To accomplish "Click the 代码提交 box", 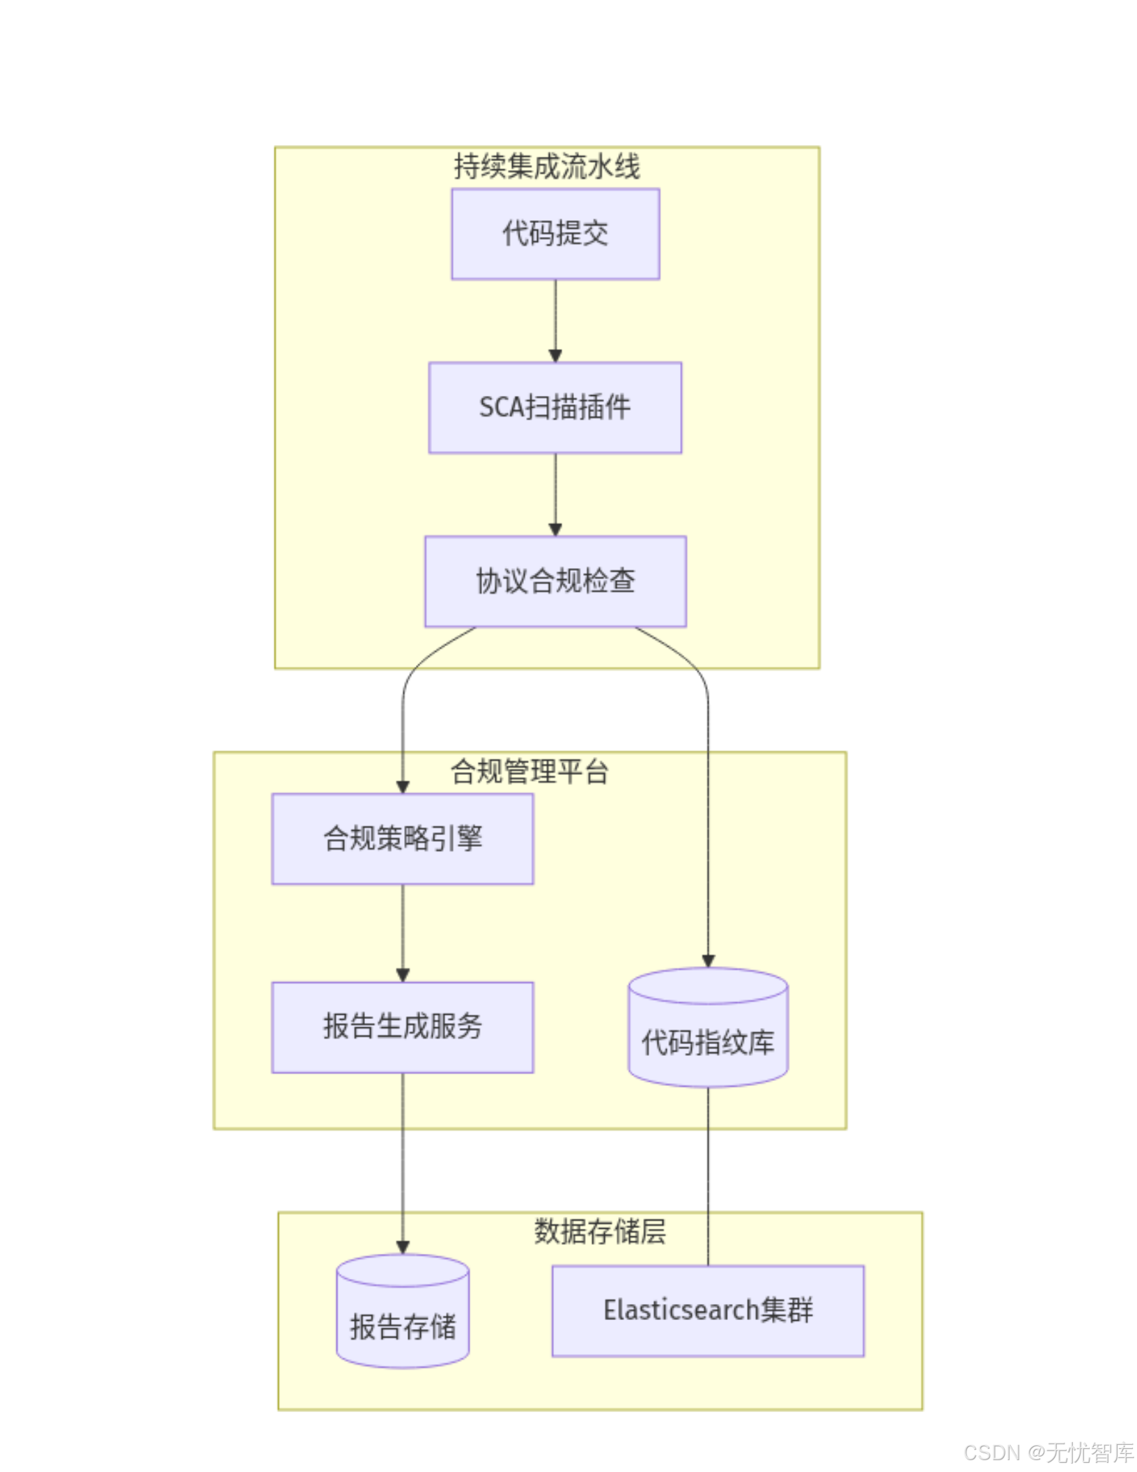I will coord(555,233).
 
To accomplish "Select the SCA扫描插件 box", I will coord(555,407).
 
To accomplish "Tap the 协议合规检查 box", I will coord(555,581).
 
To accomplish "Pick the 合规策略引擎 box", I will coord(402,838).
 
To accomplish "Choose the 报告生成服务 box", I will coord(402,1026).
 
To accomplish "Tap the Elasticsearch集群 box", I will coord(707,1310).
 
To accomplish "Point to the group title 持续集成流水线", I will coord(546,167).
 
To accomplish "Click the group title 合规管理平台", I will coord(529,772).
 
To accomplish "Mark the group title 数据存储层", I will coord(599,1232).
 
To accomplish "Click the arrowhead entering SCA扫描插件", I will coord(555,356).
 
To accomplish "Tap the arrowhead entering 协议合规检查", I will coord(555,530).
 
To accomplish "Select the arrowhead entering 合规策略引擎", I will coord(402,787).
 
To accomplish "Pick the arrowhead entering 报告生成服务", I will coord(402,975).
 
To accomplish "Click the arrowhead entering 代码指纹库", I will coord(707,961).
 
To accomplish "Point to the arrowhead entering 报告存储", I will coord(402,1248).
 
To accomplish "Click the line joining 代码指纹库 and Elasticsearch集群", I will coord(707,1178).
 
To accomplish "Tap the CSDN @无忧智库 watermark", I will coord(1048,1452).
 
